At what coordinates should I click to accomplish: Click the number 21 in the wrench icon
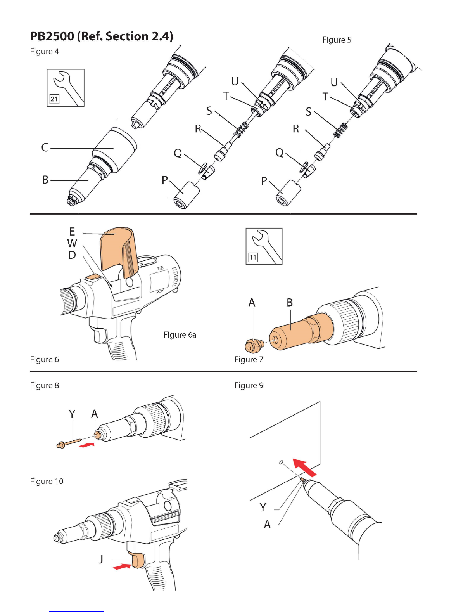[54, 99]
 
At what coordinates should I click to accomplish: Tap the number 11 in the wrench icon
[253, 257]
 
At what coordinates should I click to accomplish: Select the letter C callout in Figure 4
[45, 148]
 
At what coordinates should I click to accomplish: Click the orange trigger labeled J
[138, 561]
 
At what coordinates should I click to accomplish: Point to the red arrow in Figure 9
[304, 467]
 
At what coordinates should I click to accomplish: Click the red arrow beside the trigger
[122, 567]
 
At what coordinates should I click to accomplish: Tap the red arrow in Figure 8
[86, 445]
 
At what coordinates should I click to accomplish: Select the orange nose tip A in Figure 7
[254, 345]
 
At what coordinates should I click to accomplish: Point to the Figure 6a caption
[180, 335]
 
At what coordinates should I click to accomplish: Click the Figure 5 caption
[337, 40]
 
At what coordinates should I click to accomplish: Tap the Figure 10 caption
[47, 482]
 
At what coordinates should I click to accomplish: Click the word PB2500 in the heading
[52, 36]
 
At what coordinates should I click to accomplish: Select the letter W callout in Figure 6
[72, 243]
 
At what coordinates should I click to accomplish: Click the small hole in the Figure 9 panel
[281, 462]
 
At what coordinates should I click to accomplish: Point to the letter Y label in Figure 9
[263, 507]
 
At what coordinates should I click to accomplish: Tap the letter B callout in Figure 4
[45, 180]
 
